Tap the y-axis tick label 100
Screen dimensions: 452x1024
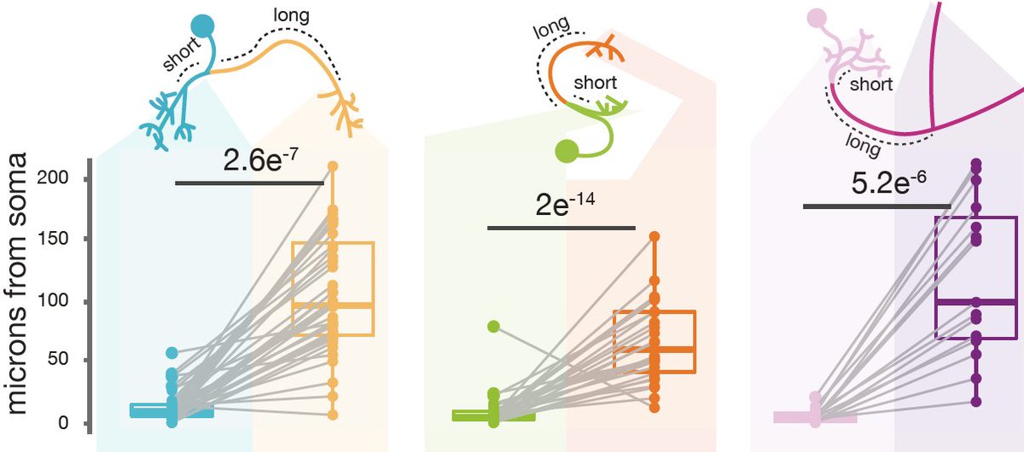[67, 302]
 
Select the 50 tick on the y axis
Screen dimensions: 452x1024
[70, 362]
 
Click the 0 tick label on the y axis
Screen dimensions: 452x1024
[75, 423]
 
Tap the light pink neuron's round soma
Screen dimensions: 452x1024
[817, 16]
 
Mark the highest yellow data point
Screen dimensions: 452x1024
[333, 166]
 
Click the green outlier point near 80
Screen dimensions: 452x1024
[493, 326]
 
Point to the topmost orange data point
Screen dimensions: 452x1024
[655, 236]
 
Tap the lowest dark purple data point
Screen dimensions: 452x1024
[975, 401]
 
